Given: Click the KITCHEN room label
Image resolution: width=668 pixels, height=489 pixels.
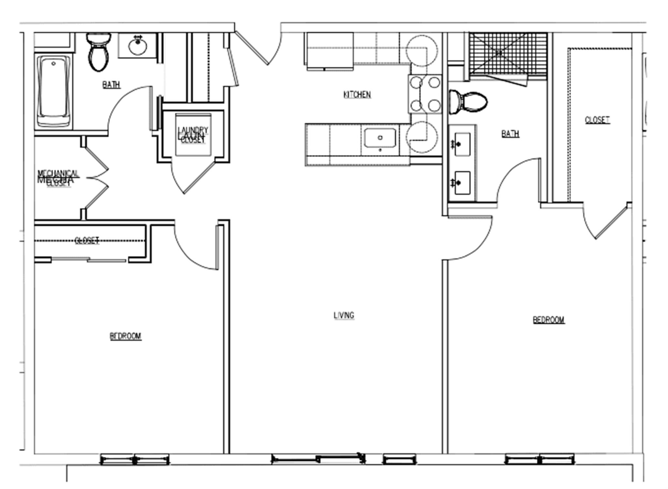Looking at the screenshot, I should pyautogui.click(x=357, y=94).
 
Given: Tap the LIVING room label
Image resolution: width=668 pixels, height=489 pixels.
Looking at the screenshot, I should pyautogui.click(x=344, y=315).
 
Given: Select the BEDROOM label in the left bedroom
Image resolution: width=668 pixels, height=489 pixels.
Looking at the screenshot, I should pyautogui.click(x=126, y=336).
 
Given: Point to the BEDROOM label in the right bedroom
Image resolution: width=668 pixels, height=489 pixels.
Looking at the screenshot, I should pyautogui.click(x=549, y=320).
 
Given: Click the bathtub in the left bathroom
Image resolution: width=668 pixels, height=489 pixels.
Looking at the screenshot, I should pyautogui.click(x=53, y=92).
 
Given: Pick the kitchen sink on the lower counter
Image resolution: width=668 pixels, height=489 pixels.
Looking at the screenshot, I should pyautogui.click(x=380, y=138).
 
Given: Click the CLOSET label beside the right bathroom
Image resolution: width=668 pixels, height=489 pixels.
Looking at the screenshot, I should pyautogui.click(x=597, y=120).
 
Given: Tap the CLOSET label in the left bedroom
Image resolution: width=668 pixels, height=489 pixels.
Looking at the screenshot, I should pyautogui.click(x=87, y=241).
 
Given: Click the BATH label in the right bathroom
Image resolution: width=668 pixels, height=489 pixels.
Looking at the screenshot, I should pyautogui.click(x=510, y=134).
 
